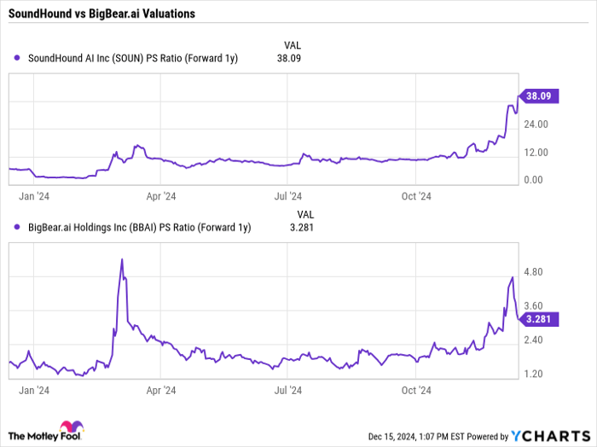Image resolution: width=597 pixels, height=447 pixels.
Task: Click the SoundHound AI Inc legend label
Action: (132, 59)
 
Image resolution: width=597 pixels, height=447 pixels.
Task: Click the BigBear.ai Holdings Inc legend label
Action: (139, 226)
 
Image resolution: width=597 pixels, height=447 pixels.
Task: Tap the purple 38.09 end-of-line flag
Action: (540, 96)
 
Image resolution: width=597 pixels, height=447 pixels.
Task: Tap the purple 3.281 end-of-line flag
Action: (540, 319)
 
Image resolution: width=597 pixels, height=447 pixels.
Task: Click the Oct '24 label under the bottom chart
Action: (415, 391)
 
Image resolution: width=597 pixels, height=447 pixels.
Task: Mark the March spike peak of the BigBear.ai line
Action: (122, 258)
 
